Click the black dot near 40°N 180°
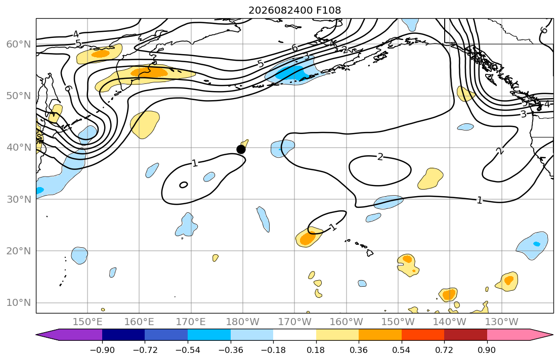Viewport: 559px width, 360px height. click(241, 149)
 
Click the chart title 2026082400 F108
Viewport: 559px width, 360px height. click(294, 10)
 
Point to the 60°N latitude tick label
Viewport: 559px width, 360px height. click(19, 44)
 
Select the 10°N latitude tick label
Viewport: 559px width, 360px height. click(19, 303)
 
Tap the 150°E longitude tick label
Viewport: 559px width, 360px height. click(88, 322)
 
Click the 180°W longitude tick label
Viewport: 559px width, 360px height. click(243, 322)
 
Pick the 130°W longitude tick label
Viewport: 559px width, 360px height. click(502, 322)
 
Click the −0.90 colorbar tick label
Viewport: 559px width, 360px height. click(102, 350)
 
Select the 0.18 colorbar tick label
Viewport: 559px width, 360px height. click(316, 350)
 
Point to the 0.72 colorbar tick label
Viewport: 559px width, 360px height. click(444, 350)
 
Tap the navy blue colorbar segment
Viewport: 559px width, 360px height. click(123, 335)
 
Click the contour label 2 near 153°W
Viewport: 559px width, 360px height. click(380, 157)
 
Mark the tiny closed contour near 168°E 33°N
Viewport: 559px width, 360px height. click(184, 185)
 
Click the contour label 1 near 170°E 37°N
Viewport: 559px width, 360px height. click(194, 163)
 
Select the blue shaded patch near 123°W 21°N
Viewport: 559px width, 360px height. click(532, 246)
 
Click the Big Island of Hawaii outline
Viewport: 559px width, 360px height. click(370, 253)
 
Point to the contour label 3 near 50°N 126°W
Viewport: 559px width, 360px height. click(523, 114)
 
